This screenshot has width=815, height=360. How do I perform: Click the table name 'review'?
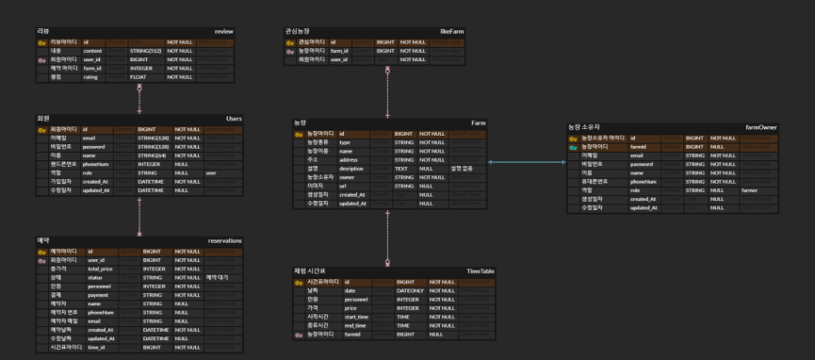[x=223, y=32]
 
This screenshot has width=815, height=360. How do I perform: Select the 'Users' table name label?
[x=234, y=119]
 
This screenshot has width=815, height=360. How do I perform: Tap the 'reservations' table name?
[x=224, y=241]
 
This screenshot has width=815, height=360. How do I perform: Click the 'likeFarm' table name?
[x=452, y=32]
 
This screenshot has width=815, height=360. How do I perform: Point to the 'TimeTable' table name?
[x=481, y=271]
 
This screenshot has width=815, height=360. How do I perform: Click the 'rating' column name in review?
[x=90, y=76]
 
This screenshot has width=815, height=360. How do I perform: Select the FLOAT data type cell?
[x=138, y=76]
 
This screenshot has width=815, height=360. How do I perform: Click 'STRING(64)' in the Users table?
[x=151, y=155]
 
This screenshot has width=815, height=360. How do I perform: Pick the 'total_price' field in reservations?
[x=101, y=269]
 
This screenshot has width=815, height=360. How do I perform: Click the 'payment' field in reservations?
[x=97, y=295]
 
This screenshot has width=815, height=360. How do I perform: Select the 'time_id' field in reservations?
[x=95, y=348]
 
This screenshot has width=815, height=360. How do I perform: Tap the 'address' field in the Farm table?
[x=350, y=160]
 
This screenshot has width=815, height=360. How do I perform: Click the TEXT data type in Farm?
[x=400, y=169]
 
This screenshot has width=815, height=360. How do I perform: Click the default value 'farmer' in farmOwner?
[x=749, y=189]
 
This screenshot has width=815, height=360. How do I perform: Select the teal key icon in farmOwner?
[x=573, y=147]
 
